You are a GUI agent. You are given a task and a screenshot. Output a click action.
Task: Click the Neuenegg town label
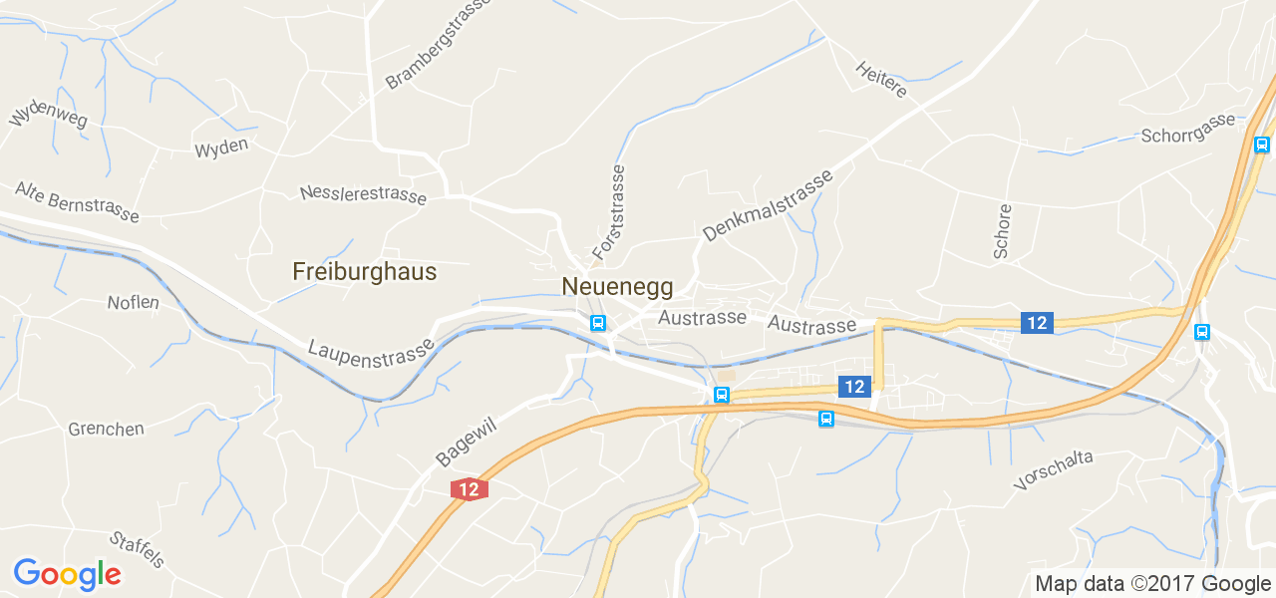click(617, 287)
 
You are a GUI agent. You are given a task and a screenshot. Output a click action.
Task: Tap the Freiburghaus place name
click(364, 271)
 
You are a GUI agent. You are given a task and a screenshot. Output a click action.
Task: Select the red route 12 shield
click(470, 489)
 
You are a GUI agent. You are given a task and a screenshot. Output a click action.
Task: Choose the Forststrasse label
click(608, 212)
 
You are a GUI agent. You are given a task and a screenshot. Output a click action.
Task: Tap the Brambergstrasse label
click(439, 44)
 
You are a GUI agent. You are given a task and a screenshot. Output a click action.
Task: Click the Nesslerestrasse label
click(363, 194)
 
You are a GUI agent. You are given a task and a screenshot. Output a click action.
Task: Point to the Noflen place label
click(133, 302)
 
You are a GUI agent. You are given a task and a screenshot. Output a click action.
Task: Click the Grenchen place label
click(106, 430)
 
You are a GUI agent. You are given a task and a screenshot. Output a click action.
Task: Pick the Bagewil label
click(466, 443)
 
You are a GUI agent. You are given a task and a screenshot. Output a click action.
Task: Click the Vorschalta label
click(1053, 469)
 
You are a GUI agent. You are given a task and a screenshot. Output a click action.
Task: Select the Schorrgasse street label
click(1188, 129)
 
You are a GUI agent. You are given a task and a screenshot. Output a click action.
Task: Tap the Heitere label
click(881, 80)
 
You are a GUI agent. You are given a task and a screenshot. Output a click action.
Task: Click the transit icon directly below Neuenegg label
click(597, 323)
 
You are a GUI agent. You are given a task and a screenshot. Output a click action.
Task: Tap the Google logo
click(67, 574)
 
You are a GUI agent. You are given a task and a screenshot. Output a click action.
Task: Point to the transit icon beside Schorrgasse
click(1261, 145)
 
